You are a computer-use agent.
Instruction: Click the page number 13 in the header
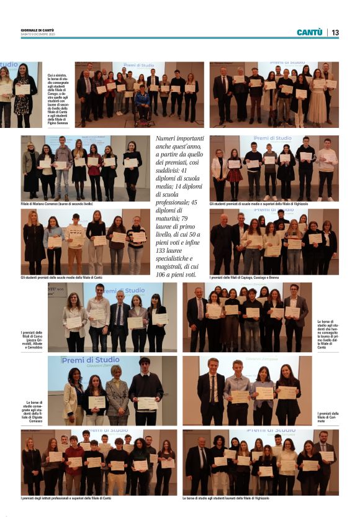point(335,32)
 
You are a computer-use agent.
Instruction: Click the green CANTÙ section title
point(309,32)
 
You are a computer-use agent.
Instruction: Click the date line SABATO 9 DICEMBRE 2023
point(39,34)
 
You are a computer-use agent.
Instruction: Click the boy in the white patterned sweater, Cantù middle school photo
point(75,240)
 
